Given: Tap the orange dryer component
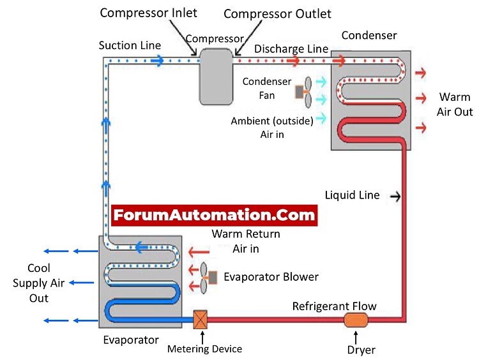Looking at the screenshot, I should click(x=353, y=320).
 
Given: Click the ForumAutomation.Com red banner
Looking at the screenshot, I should click(x=214, y=214).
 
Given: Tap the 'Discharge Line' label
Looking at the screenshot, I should click(x=291, y=49).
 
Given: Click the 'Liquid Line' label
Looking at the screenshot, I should click(x=352, y=195).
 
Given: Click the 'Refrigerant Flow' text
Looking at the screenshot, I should click(x=335, y=306).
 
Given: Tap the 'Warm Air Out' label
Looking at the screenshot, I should click(x=455, y=104).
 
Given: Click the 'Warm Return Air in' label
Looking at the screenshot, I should click(x=246, y=241).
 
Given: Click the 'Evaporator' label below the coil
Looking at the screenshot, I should click(x=131, y=340).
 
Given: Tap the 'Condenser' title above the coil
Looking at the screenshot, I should click(x=369, y=34).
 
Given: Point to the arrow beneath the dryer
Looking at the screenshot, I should click(x=353, y=336).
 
